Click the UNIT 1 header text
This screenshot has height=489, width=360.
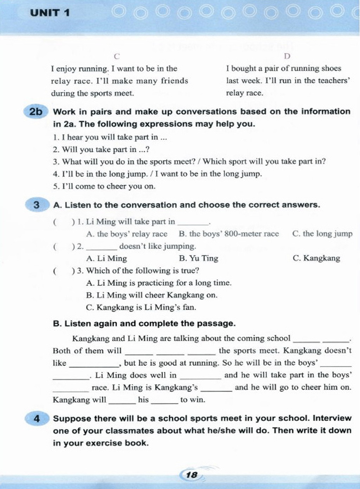click(x=50, y=13)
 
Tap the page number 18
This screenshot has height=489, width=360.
click(x=192, y=475)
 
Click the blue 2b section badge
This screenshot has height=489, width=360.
click(x=36, y=112)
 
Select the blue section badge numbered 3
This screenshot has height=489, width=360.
click(x=37, y=205)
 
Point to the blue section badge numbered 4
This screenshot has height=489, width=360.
click(x=37, y=419)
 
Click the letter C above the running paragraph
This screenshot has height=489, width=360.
click(x=117, y=56)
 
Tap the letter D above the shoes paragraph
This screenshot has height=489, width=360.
click(x=287, y=56)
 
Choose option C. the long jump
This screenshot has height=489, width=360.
click(x=322, y=234)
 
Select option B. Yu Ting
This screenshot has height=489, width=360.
click(x=198, y=258)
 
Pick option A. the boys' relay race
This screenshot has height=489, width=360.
click(x=127, y=234)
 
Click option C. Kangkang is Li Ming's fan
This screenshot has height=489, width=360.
click(x=141, y=307)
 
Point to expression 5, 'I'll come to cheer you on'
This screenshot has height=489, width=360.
click(x=104, y=186)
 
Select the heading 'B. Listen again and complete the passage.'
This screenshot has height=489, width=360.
click(x=144, y=324)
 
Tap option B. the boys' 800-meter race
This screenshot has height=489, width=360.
click(x=229, y=234)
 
